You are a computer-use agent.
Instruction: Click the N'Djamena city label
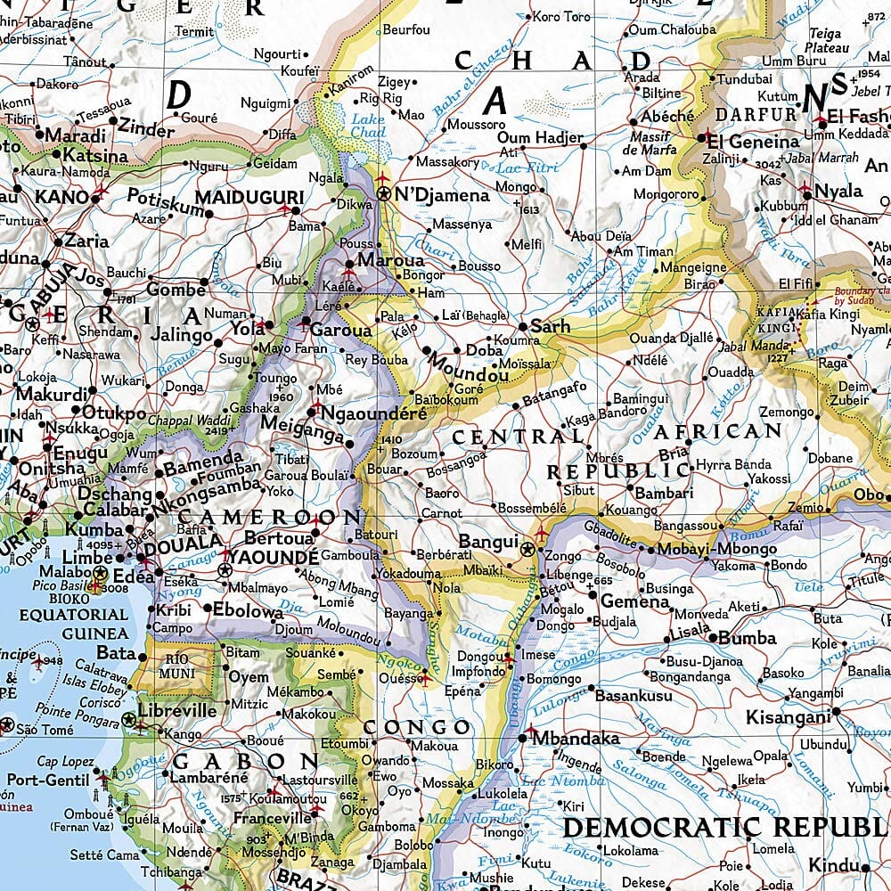(x=442, y=195)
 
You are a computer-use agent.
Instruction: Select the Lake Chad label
(x=367, y=126)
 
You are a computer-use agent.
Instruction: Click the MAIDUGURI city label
(x=237, y=196)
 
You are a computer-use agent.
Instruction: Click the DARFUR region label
(x=756, y=114)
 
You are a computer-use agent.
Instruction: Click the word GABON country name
(x=244, y=762)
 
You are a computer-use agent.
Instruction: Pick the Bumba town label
(x=748, y=638)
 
